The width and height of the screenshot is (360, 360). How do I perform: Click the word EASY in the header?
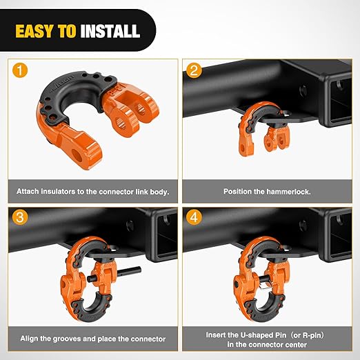click(x=43, y=32)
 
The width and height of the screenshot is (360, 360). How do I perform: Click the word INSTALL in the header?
click(x=110, y=32)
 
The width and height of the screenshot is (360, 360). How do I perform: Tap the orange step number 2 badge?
click(x=195, y=70)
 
